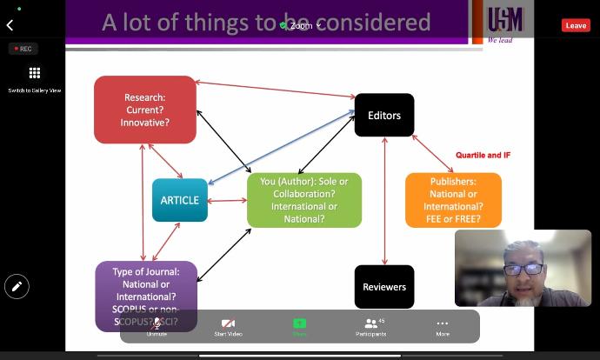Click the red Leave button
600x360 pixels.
576,25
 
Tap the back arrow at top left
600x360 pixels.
10,25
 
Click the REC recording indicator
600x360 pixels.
23,49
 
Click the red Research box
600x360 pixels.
145,110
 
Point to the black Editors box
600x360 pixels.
383,115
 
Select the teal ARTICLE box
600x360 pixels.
179,200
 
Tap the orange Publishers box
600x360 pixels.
452,200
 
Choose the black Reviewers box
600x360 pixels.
383,287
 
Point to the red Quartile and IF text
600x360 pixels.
483,155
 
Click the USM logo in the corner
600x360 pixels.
504,22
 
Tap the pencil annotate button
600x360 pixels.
17,285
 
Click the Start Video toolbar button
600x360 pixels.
228,326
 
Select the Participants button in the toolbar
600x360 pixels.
371,326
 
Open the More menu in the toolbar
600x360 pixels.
443,326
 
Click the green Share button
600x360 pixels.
299,326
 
